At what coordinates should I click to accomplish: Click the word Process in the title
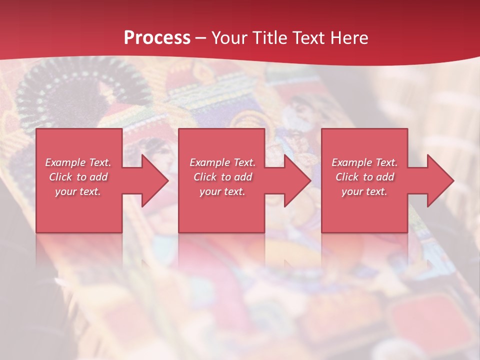(157, 37)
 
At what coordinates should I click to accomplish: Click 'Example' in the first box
(65, 162)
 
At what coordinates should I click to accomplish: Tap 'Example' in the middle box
(209, 162)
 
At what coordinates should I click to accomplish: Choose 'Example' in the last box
(351, 162)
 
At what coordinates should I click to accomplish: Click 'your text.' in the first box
(78, 191)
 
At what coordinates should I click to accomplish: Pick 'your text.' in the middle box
(222, 191)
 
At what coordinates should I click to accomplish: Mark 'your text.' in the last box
(364, 191)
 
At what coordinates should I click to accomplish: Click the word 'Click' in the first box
(60, 177)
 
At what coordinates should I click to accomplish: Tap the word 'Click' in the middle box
(205, 177)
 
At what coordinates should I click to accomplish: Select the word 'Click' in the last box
(347, 177)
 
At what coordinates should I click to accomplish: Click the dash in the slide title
(201, 38)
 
